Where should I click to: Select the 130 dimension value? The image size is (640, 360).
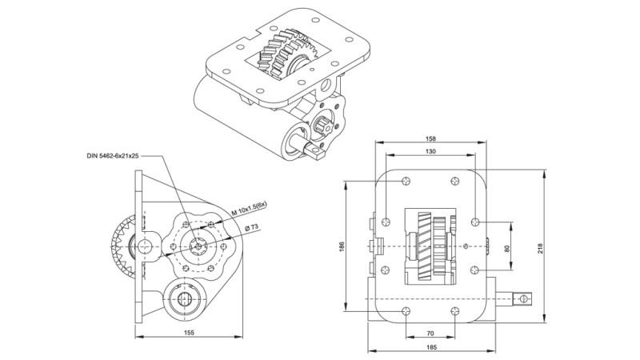[430, 152]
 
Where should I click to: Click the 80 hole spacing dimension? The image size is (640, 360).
[506, 247]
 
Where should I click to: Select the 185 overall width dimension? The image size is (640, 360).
[430, 347]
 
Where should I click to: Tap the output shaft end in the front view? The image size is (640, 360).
[523, 300]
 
